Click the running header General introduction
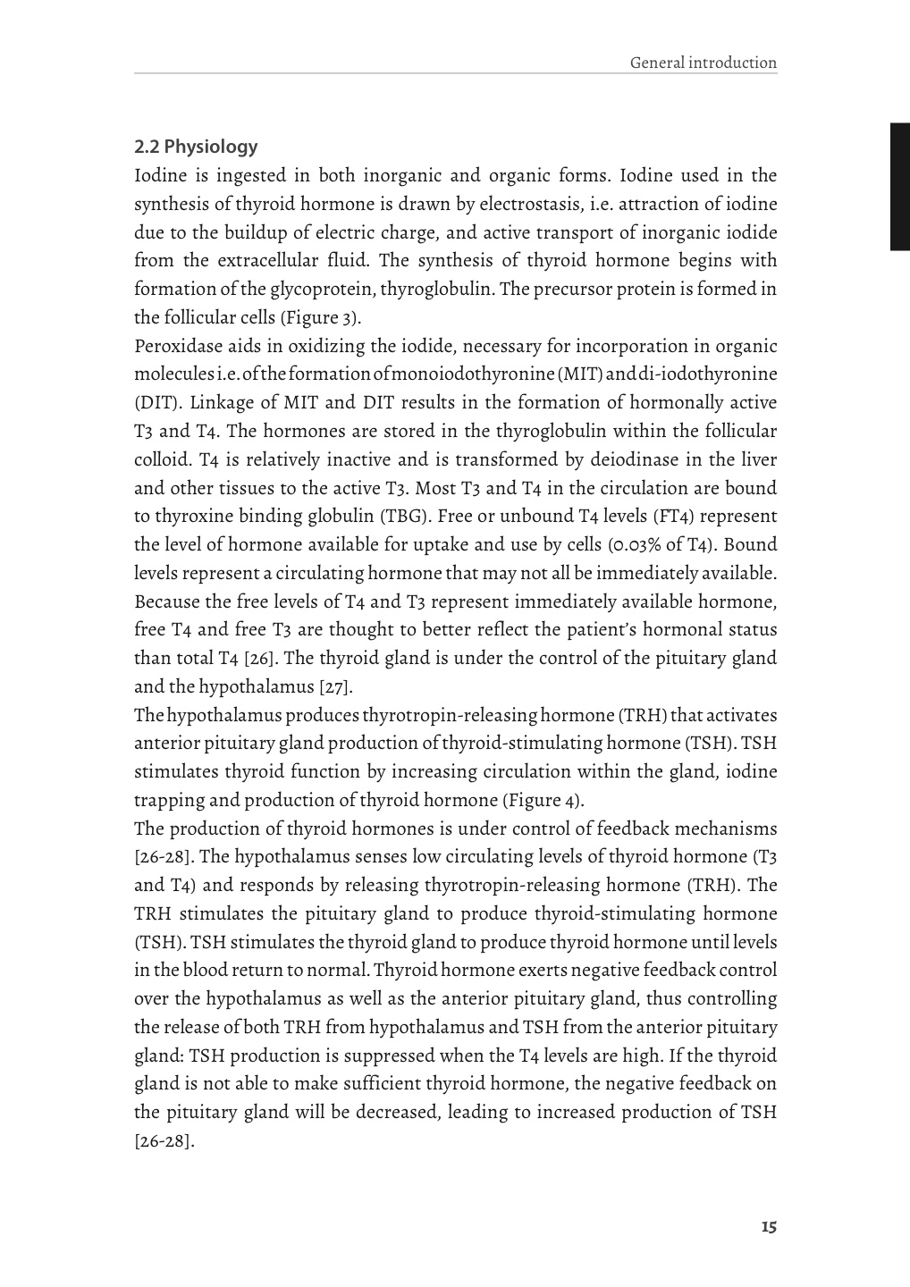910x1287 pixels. coord(703,63)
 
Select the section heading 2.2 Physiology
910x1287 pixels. coord(196,147)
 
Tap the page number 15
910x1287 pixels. coord(769,1226)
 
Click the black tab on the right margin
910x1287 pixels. coord(899,187)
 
